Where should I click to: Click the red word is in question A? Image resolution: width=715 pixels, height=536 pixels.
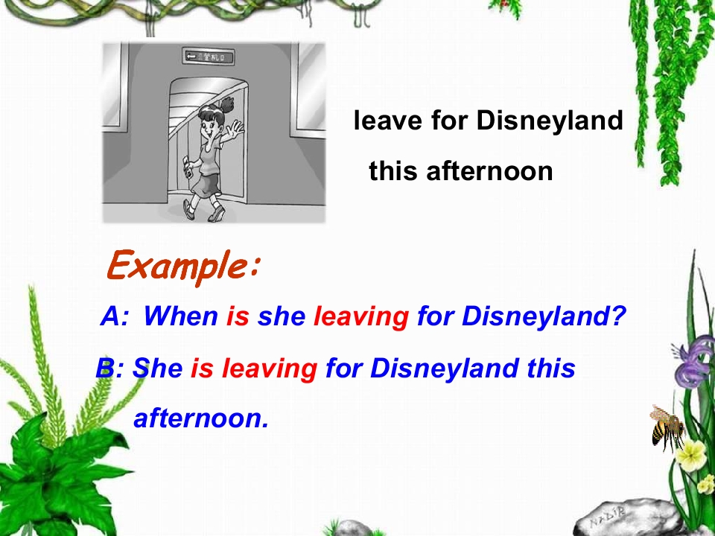tap(238, 317)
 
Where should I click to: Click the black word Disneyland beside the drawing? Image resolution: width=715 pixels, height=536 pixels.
tap(549, 120)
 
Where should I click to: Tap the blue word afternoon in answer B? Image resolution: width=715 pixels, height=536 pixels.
tap(200, 418)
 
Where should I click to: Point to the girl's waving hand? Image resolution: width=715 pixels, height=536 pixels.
tap(236, 132)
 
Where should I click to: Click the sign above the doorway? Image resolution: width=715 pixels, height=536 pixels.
tap(208, 57)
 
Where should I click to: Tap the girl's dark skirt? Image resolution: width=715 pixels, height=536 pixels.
tap(206, 182)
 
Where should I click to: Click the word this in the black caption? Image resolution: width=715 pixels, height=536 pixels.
tap(394, 172)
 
